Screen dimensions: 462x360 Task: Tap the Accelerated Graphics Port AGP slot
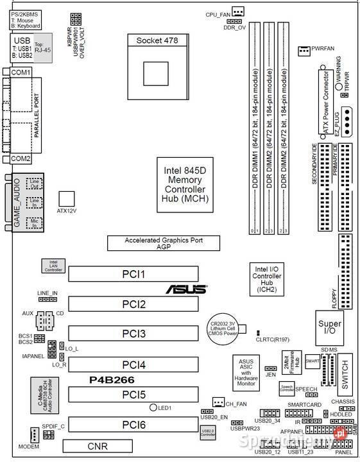163,243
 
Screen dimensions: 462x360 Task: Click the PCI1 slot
134,275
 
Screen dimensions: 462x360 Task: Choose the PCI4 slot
134,364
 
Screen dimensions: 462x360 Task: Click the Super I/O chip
329,329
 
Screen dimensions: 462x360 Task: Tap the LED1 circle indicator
154,407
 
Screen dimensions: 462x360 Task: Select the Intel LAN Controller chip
53,266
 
